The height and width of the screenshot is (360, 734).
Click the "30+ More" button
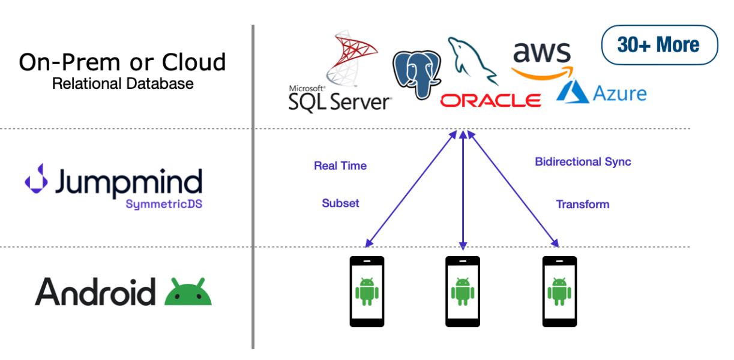pos(659,45)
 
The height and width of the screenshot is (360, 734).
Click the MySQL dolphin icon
pos(472,61)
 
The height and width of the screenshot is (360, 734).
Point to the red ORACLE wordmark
pos(490,100)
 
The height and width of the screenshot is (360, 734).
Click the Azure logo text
pos(619,94)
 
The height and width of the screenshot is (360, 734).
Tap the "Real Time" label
pos(340,166)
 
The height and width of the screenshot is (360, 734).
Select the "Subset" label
pos(340,203)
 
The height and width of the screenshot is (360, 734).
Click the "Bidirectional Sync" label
pos(583,162)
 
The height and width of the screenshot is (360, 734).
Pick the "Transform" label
pos(582,205)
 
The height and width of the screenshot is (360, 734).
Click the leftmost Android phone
pos(367,292)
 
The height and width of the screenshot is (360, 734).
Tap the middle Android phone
pos(462,292)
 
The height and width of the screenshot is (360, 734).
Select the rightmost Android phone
pos(559,292)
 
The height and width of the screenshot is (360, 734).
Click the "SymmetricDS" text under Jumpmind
pos(163,204)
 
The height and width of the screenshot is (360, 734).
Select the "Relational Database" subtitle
pos(122,83)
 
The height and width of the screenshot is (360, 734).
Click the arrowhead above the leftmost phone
pos(369,244)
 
